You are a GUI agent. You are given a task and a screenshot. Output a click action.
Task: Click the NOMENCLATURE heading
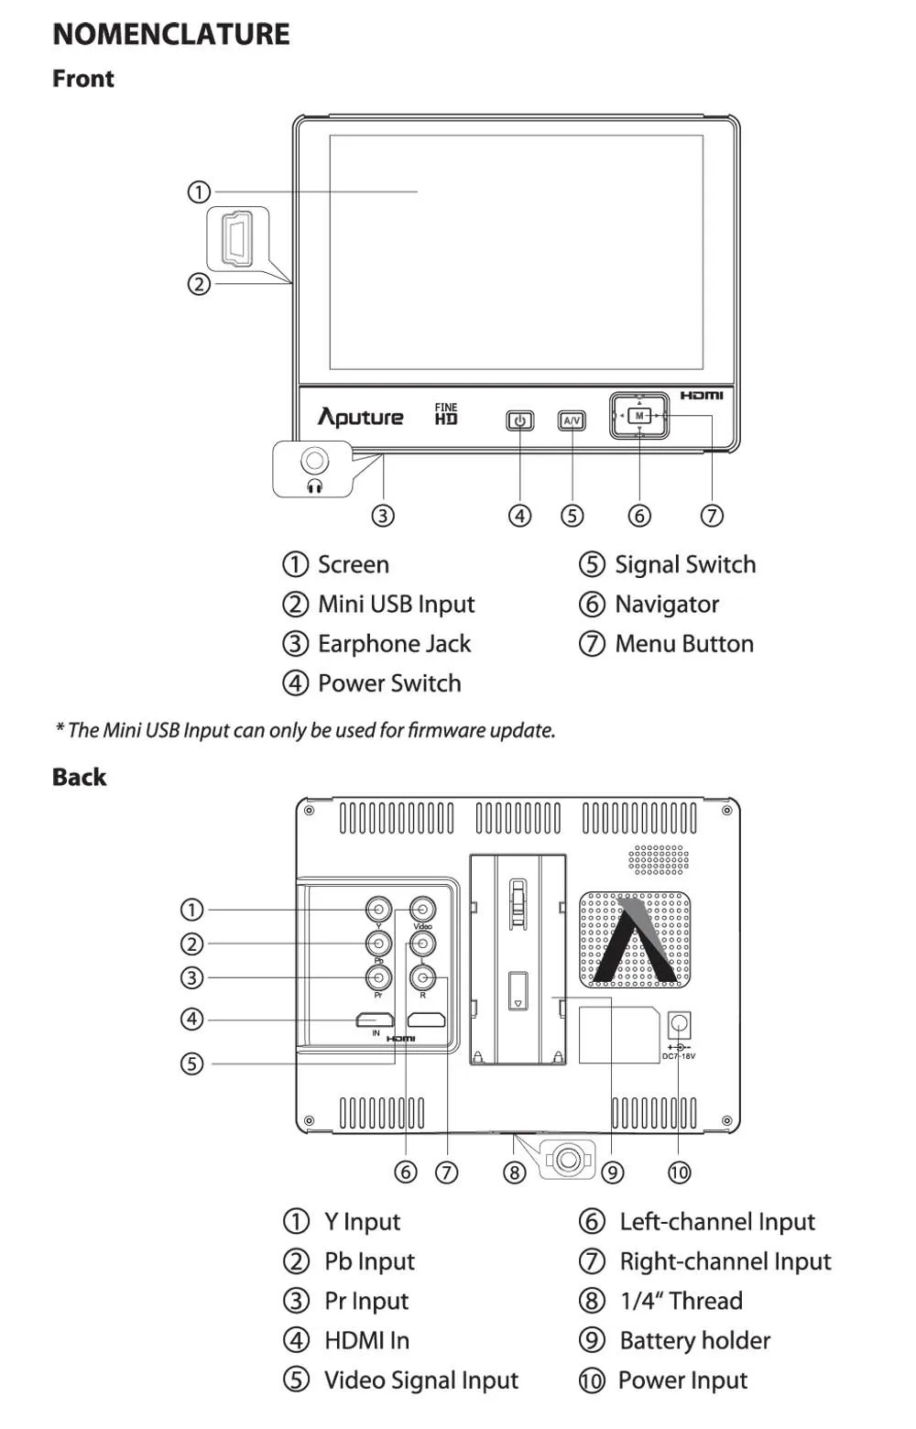(171, 34)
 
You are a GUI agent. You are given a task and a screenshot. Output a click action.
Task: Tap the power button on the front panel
(520, 420)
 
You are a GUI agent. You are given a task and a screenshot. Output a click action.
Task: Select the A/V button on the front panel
(572, 420)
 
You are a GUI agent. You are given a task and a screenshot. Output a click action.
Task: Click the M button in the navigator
(639, 416)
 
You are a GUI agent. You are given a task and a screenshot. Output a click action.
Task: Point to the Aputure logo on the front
(360, 417)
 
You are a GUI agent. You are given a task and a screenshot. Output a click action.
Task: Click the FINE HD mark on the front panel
(446, 413)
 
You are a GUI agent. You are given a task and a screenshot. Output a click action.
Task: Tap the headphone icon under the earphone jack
(314, 486)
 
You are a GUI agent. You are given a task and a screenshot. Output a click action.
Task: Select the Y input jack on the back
(378, 909)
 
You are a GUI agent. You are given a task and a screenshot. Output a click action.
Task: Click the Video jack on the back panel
(422, 909)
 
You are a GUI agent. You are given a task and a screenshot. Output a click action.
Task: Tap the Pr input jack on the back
(378, 976)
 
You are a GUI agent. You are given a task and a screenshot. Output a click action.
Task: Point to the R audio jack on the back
(422, 976)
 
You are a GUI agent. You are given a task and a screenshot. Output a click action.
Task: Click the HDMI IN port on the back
(375, 1020)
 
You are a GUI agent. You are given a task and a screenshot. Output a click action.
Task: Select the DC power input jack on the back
(679, 1024)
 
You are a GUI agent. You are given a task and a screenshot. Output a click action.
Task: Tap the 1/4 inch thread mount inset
(567, 1159)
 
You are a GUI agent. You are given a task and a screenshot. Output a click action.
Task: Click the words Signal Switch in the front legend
(685, 564)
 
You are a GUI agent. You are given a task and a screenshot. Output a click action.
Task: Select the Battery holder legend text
(695, 1340)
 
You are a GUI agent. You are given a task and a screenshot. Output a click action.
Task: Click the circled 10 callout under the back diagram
(679, 1172)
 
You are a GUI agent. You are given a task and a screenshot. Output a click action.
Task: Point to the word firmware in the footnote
(446, 730)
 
